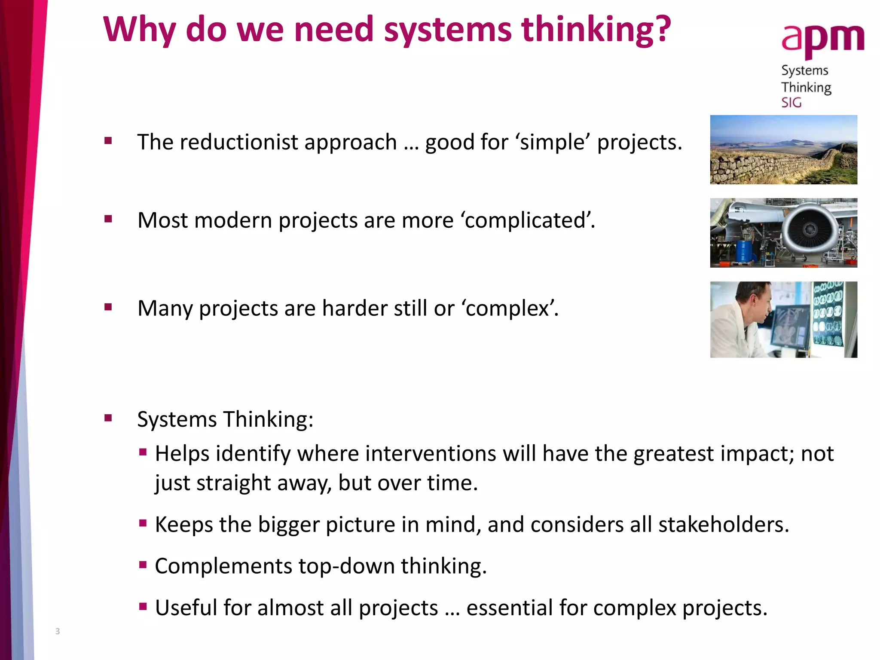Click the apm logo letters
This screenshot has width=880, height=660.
tap(822, 40)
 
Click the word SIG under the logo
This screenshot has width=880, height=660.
tap(791, 103)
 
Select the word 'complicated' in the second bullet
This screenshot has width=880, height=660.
tap(526, 220)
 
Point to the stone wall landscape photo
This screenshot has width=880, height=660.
tap(783, 150)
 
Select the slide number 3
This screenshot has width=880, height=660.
tap(58, 631)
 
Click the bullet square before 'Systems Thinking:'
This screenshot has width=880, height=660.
tap(108, 418)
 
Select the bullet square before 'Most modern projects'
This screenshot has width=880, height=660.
tap(108, 219)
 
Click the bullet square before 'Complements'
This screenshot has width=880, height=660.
tap(143, 565)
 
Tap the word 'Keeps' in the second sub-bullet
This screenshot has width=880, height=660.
tap(183, 525)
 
